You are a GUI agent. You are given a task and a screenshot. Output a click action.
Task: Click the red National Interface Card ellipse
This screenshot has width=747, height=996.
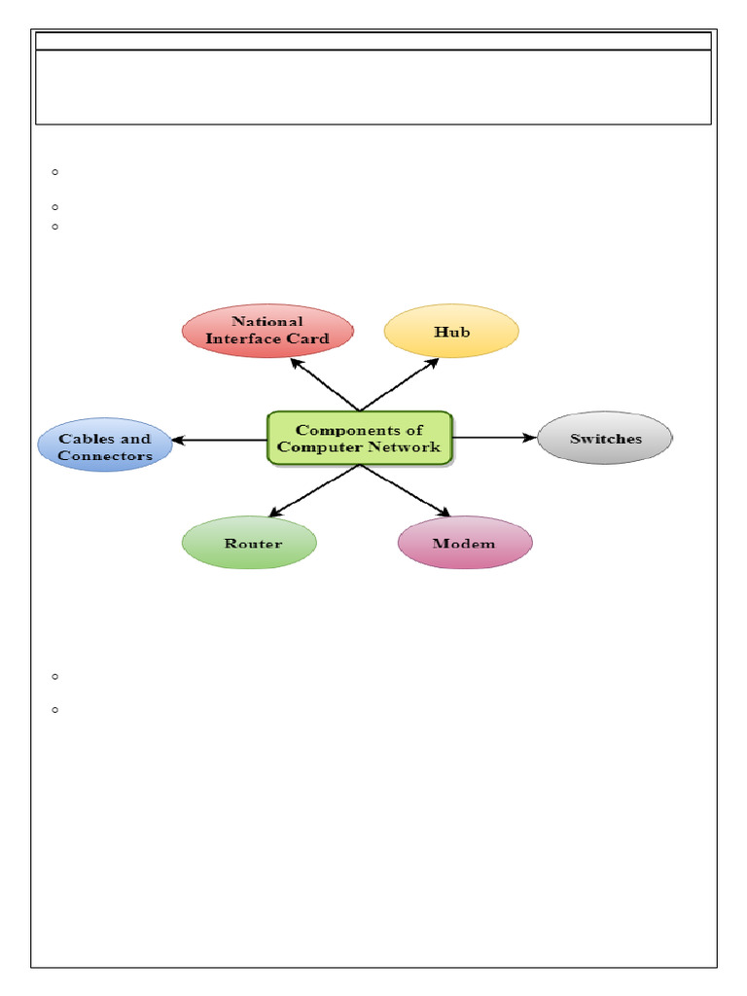[267, 331]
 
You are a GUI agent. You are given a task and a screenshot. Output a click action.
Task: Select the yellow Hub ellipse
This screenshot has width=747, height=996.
[451, 332]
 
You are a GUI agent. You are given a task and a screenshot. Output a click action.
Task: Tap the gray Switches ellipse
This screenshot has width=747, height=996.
[605, 438]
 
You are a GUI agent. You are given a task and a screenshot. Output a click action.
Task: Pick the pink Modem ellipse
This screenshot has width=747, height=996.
[465, 543]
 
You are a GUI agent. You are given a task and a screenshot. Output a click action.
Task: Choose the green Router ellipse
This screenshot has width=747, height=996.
[249, 543]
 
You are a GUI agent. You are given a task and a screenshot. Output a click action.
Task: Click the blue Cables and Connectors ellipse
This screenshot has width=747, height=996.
[105, 445]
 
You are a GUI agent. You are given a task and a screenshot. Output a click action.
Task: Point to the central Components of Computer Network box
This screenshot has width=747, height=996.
[360, 439]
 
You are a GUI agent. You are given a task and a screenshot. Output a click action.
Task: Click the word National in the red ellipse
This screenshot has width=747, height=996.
[267, 321]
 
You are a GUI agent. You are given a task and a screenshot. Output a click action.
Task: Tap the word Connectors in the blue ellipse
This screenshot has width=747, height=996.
[105, 455]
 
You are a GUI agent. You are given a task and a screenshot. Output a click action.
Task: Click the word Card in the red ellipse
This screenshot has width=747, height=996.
[308, 338]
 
